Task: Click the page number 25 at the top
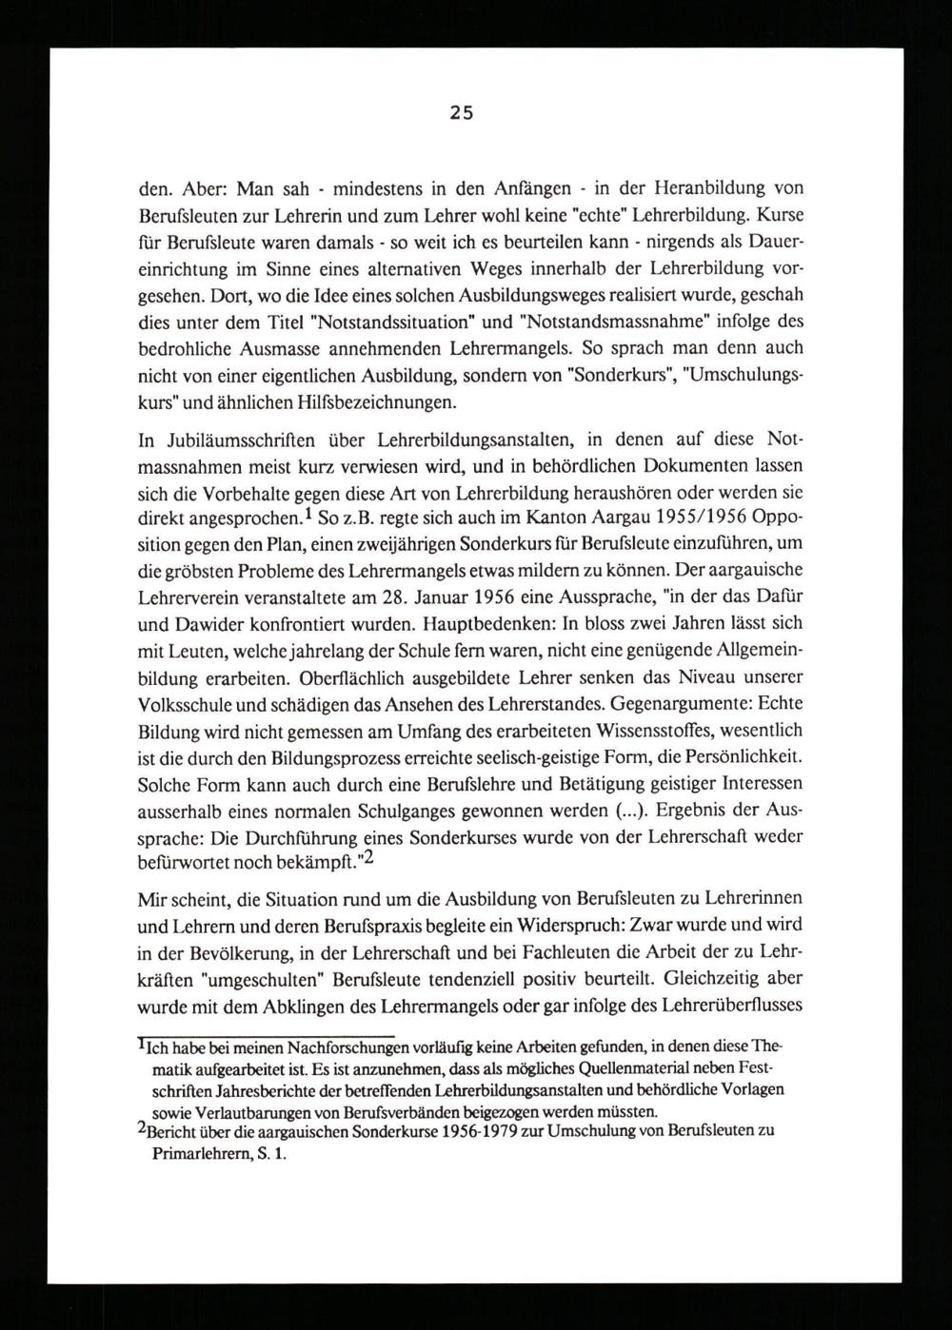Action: click(x=461, y=113)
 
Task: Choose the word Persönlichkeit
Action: click(x=743, y=757)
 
